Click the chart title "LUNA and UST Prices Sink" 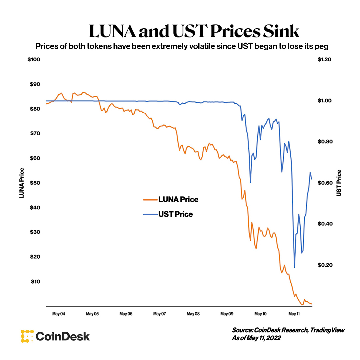(194, 31)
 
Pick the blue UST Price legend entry (168, 214)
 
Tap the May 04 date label (59, 314)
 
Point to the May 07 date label (159, 314)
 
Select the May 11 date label (294, 314)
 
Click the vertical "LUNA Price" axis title (22, 183)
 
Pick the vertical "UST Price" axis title (339, 183)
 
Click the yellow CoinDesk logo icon (27, 336)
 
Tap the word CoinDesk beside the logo (63, 336)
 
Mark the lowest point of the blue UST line (294, 267)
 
